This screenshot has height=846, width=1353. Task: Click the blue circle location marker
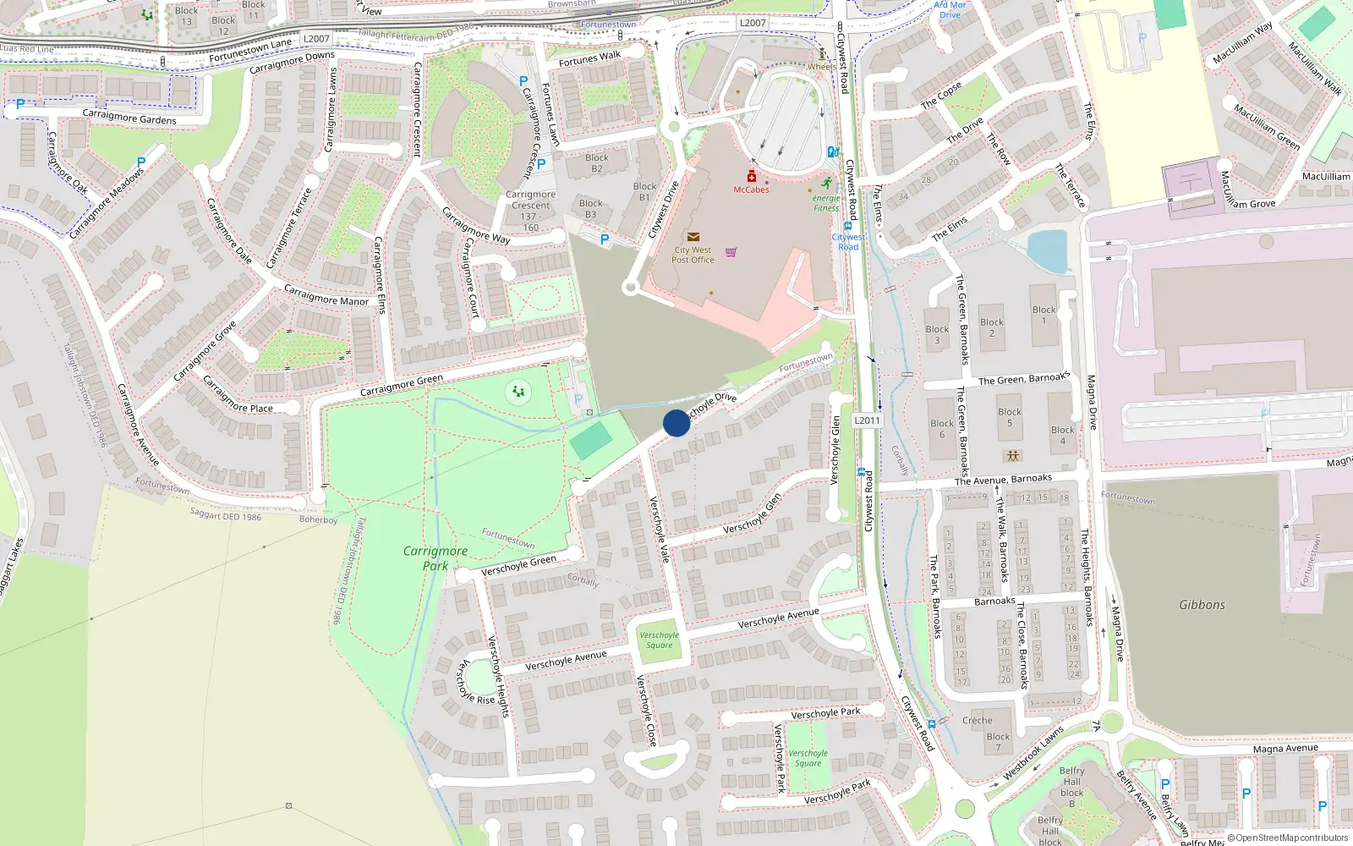(x=676, y=423)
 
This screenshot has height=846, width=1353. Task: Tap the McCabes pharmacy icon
(x=751, y=176)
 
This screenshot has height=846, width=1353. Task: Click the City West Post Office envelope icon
(x=693, y=237)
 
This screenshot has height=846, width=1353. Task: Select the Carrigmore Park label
(x=435, y=558)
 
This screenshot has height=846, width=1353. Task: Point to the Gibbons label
(x=1202, y=605)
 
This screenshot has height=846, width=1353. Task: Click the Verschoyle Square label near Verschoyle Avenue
(x=659, y=640)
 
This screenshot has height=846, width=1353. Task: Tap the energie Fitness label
(x=826, y=202)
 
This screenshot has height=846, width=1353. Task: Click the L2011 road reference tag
(x=867, y=420)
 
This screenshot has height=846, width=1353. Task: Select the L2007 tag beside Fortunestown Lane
(x=316, y=39)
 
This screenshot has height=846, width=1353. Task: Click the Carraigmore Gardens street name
(x=129, y=117)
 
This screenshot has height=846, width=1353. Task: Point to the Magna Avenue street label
(x=1285, y=749)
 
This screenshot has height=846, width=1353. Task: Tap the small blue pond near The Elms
(x=1049, y=250)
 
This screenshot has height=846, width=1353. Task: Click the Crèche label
(x=977, y=721)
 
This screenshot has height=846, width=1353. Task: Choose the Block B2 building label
(x=596, y=162)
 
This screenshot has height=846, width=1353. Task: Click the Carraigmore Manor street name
(x=326, y=295)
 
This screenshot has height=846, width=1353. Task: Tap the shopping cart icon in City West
(x=731, y=252)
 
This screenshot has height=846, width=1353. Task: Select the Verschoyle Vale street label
(x=659, y=529)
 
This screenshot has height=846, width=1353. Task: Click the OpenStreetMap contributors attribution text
(x=1288, y=838)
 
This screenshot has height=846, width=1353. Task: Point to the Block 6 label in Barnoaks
(x=942, y=429)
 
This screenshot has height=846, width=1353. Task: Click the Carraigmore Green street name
(x=401, y=385)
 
